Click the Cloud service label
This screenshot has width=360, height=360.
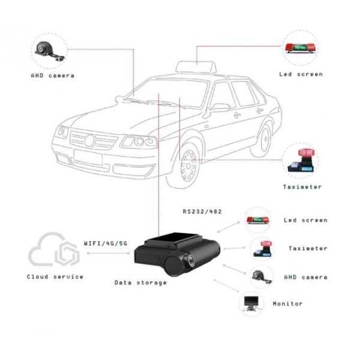pyautogui.click(x=55, y=277)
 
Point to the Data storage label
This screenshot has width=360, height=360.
pyautogui.click(x=140, y=282)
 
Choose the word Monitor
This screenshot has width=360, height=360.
pyautogui.click(x=287, y=304)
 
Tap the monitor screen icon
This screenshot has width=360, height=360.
pyautogui.click(x=250, y=302)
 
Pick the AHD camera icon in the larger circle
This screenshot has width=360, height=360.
pyautogui.click(x=49, y=50)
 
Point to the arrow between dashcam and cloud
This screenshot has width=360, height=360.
pyautogui.click(x=108, y=253)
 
